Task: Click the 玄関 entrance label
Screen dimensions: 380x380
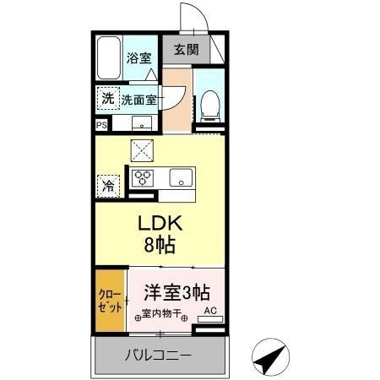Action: pyautogui.click(x=187, y=49)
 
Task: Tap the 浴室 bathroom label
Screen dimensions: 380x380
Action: pyautogui.click(x=138, y=59)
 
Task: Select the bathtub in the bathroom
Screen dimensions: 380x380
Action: pyautogui.click(x=107, y=57)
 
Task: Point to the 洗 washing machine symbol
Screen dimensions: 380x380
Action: pyautogui.click(x=107, y=98)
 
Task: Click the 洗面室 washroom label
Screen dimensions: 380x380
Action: pyautogui.click(x=138, y=100)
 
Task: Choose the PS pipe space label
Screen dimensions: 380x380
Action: pyautogui.click(x=101, y=126)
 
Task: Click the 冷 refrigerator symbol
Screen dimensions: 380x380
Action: pyautogui.click(x=108, y=185)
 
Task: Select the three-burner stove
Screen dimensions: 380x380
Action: pyautogui.click(x=143, y=179)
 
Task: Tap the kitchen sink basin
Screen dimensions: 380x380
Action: pyautogui.click(x=181, y=179)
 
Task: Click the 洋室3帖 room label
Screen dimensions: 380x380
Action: pyautogui.click(x=176, y=293)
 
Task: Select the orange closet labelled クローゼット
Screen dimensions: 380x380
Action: pyautogui.click(x=110, y=301)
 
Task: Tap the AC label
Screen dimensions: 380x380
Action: pyautogui.click(x=211, y=310)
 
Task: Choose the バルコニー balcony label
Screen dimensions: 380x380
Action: pyautogui.click(x=160, y=354)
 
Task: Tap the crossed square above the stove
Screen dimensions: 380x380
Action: pyautogui.click(x=141, y=150)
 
